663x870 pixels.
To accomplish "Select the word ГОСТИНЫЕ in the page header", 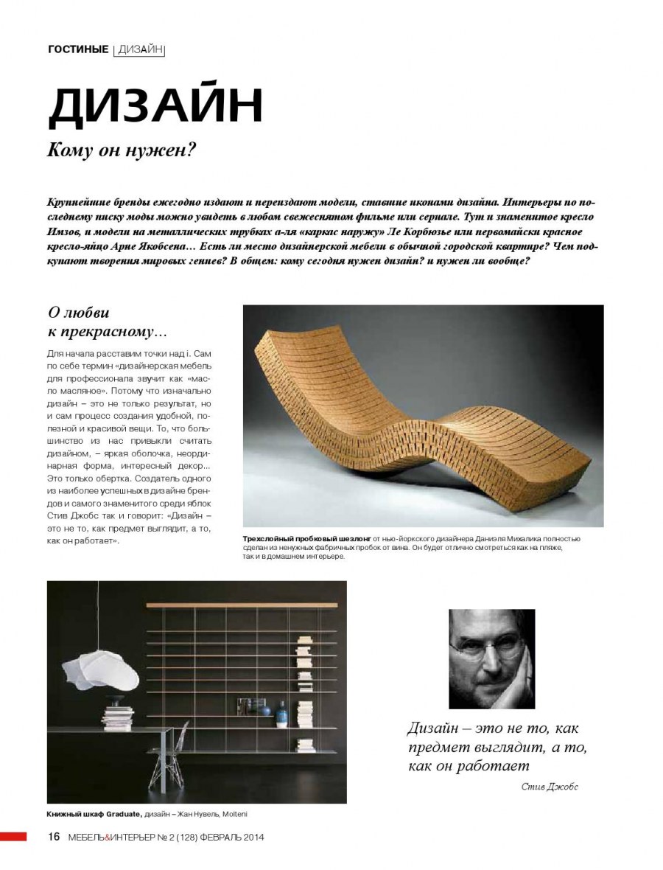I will coord(78,50).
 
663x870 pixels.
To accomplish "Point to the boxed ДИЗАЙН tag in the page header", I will coord(140,50).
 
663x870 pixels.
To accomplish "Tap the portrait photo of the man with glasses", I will coord(491,658).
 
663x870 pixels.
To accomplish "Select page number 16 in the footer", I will coord(54,837).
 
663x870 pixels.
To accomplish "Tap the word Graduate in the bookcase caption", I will coord(122,815).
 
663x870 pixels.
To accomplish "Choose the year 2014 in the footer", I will coord(251,838).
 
